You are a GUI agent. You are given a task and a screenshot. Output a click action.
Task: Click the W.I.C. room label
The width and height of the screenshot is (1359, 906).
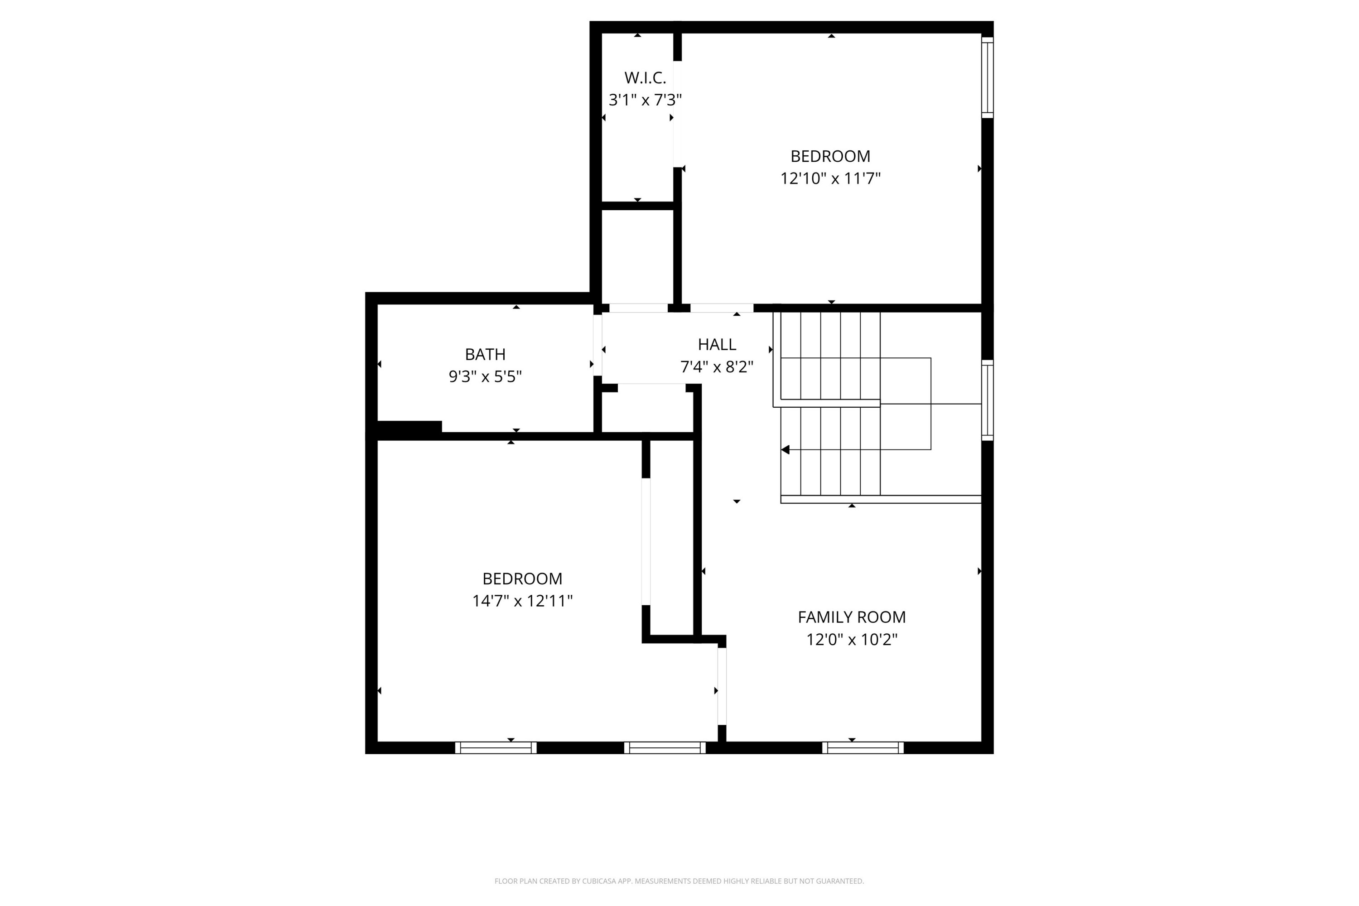point(645,78)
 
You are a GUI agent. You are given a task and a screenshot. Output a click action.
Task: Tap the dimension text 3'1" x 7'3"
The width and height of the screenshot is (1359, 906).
point(645,101)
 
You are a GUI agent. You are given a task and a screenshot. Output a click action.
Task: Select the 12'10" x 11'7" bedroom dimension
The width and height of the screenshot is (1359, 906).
point(830,178)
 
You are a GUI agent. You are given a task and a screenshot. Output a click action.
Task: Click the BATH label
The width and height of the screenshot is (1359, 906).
point(485,354)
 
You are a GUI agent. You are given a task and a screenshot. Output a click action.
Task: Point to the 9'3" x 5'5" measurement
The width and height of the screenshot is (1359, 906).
point(485,377)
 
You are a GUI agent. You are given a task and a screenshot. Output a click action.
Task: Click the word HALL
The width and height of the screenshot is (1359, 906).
point(717,345)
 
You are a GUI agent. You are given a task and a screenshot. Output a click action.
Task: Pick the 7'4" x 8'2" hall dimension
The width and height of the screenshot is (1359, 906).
point(717,367)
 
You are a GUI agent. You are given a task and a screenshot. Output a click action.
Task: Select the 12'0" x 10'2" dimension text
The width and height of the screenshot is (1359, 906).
point(851,640)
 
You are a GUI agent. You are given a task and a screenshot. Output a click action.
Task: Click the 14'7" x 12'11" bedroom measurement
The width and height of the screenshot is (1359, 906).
point(522,602)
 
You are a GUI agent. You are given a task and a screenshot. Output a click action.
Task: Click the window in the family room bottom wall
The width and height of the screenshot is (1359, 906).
point(863,748)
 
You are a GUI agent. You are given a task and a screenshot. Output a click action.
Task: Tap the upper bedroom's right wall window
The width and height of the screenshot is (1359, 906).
point(988,77)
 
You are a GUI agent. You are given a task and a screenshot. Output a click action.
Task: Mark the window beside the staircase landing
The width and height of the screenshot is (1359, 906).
point(988,400)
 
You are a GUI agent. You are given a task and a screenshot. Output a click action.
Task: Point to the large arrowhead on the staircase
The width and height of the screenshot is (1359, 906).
point(785,449)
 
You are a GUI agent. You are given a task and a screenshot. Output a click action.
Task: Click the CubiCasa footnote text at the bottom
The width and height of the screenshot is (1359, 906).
point(679,881)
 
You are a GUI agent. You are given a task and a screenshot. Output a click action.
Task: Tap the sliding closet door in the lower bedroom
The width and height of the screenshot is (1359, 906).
point(646,541)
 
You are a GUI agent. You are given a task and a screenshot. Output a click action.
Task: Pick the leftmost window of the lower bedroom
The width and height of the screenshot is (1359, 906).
point(495,748)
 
